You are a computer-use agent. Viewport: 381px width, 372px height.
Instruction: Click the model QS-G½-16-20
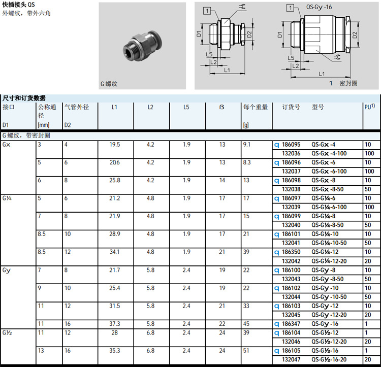[x=329, y=359]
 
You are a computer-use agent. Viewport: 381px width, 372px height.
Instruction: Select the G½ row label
[x=8, y=332]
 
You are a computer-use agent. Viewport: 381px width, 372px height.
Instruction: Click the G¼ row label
[x=8, y=198]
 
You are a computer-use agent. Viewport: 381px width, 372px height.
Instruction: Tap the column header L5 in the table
[x=186, y=107]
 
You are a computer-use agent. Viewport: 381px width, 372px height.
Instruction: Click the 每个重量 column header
[x=256, y=107]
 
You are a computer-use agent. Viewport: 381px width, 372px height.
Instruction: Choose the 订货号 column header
[x=291, y=107]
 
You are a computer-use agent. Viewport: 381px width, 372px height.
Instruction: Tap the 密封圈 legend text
[x=348, y=83]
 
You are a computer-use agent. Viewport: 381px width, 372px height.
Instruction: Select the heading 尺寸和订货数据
[x=24, y=98]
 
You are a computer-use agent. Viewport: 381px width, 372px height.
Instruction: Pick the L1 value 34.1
[x=115, y=252]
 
